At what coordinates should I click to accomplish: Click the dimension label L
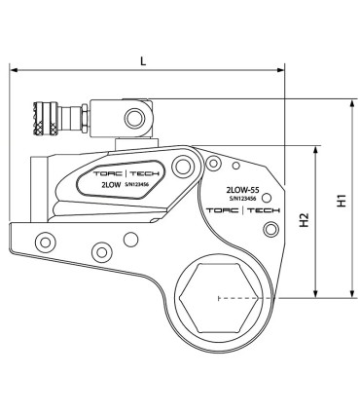coord(143,60)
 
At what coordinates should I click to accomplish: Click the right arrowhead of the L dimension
coord(281,70)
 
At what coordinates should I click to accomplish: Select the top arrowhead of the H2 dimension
coord(316,149)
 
